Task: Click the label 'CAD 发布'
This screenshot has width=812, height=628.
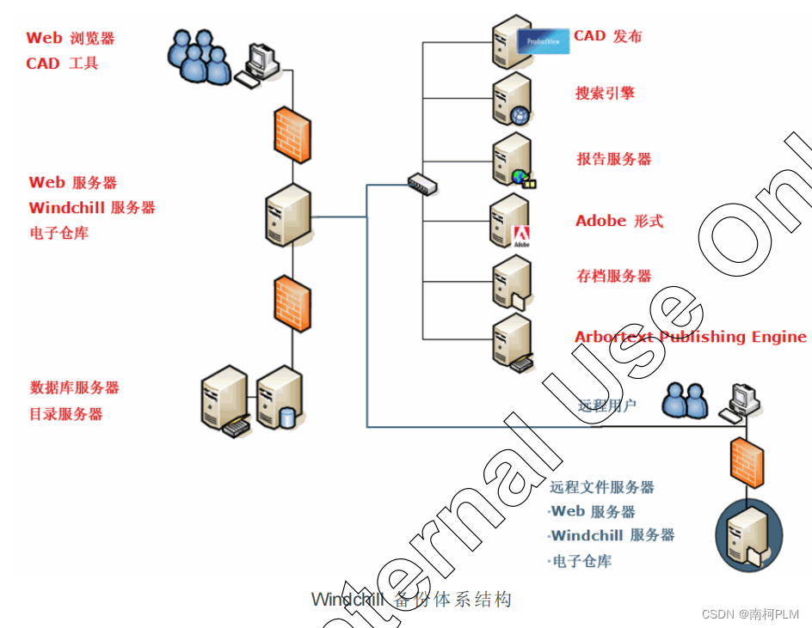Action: (607, 36)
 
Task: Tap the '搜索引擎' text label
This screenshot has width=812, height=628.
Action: (605, 93)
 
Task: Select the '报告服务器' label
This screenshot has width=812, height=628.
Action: (613, 159)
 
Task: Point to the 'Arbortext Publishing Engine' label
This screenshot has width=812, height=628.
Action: (690, 337)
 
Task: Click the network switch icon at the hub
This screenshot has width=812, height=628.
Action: (422, 183)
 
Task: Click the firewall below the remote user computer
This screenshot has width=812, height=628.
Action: (744, 462)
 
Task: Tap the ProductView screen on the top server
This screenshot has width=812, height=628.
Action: (543, 40)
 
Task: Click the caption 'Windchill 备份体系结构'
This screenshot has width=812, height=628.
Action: (411, 600)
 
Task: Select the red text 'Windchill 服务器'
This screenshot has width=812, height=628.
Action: (92, 208)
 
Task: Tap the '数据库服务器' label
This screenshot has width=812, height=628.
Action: (75, 387)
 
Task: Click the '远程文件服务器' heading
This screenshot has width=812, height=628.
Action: (602, 487)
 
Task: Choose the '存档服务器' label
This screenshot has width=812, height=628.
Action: (613, 276)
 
